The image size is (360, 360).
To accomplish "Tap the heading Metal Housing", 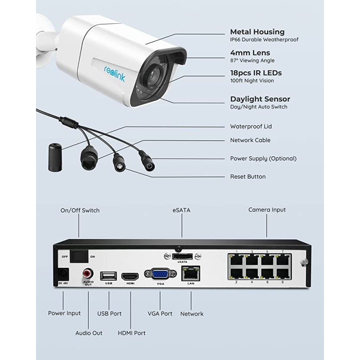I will pos(257,32).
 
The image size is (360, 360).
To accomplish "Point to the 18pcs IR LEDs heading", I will pos(256,73).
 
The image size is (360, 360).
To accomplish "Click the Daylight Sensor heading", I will pos(260,99).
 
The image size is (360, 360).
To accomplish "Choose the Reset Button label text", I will pos(247,177).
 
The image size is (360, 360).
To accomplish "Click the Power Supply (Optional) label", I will pos(263,158).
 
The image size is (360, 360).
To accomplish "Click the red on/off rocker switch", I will pos(81,256).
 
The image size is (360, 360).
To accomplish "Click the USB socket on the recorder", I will pos(109,275).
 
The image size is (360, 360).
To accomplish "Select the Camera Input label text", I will pos(267,210).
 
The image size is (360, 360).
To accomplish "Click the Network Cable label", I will pos(250,140).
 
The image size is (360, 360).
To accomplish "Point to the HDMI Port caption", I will pos(131,333).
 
